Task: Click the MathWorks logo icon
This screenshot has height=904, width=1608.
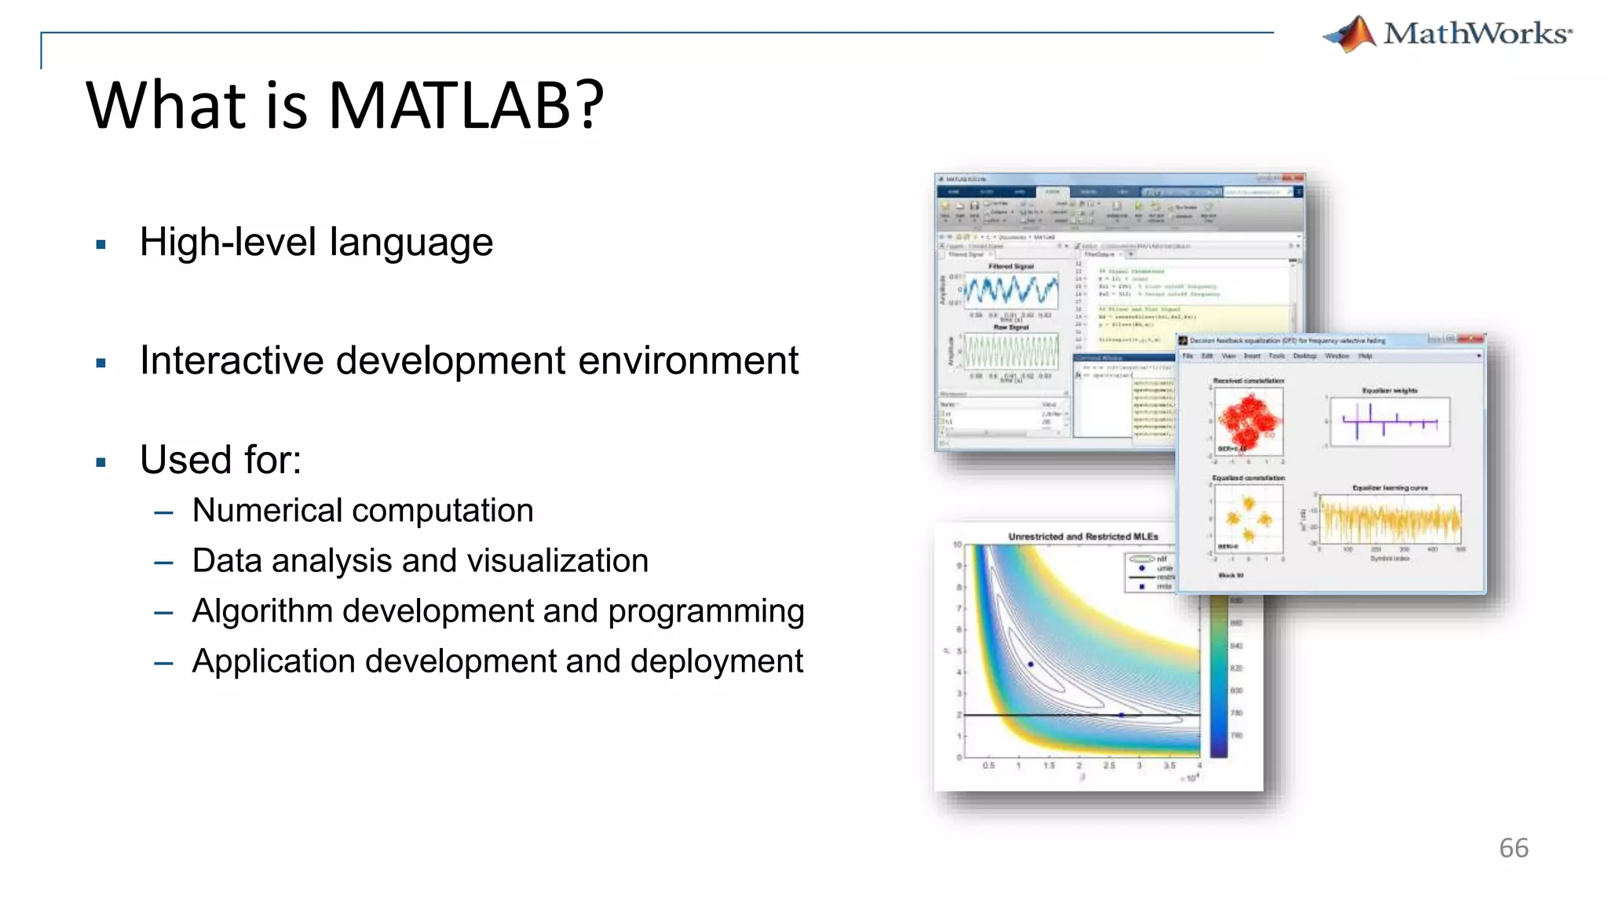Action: point(1350,35)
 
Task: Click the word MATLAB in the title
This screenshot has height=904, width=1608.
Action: point(466,105)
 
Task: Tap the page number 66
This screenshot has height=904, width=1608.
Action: point(1513,848)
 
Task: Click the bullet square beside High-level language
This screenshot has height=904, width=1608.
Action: point(100,245)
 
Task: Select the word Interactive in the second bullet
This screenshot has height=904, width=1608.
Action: point(232,361)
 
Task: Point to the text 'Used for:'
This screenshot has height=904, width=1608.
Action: point(221,460)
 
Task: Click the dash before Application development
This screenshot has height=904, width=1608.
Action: point(164,663)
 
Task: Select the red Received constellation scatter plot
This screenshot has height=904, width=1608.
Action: point(1248,421)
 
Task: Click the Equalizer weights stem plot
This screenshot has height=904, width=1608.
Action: point(1389,422)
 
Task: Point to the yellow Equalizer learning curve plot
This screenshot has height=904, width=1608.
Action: point(1390,519)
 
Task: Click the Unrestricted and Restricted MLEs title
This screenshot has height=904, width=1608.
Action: point(1083,537)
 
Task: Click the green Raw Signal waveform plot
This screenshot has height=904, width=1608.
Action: point(1010,352)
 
